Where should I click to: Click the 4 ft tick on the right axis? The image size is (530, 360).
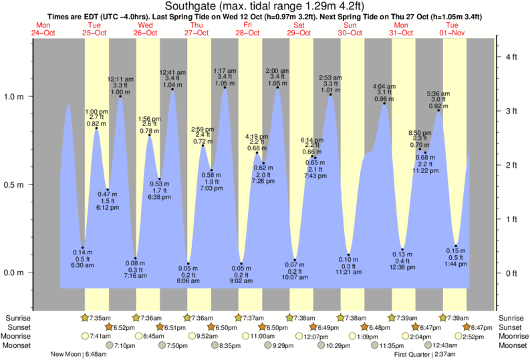coord(511,57)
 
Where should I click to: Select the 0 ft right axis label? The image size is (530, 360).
coord(511,273)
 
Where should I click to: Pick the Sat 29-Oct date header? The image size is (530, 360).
coord(299,29)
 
